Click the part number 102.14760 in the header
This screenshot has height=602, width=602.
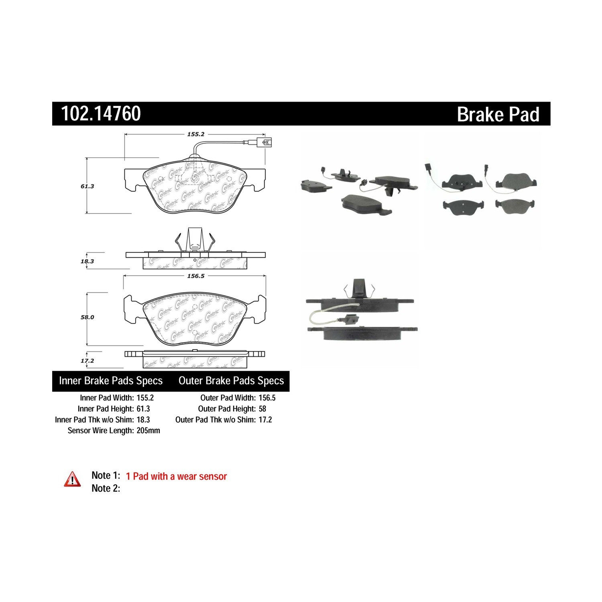[101, 114]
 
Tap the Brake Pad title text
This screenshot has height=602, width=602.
[498, 114]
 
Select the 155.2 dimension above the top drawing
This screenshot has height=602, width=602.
[196, 134]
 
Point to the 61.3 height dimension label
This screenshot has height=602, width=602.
[87, 186]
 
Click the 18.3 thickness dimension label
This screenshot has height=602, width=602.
[87, 261]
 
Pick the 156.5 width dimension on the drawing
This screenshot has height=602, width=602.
[196, 276]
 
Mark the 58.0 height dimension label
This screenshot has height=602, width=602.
[87, 317]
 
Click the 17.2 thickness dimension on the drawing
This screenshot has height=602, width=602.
[87, 361]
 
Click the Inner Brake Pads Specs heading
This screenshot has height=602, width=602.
[111, 381]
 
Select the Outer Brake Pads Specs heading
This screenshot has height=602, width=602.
[231, 381]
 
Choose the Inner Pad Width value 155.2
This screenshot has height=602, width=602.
[145, 398]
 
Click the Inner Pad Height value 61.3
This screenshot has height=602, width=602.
[143, 409]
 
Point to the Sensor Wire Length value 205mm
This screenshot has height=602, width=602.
[148, 430]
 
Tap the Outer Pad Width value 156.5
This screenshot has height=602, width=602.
[267, 398]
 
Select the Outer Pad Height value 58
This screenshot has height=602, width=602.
[262, 409]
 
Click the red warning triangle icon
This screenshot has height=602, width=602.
[72, 479]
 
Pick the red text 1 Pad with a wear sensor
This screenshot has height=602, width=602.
[176, 476]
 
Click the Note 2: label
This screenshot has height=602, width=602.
[106, 488]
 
